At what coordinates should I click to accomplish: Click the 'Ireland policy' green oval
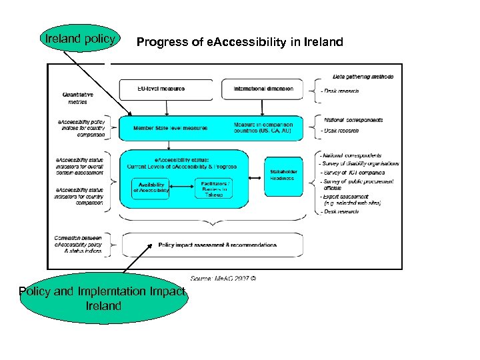pos(80,39)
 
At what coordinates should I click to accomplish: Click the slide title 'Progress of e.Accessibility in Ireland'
pos(239,43)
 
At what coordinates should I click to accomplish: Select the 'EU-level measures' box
pos(169,89)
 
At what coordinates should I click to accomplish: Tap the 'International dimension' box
pos(263,89)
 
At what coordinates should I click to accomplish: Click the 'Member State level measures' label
pos(170,128)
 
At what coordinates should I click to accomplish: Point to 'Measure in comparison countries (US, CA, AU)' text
pos(263,128)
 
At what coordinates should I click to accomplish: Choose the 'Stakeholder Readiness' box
pos(282,175)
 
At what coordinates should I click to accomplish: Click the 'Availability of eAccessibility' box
pos(151,189)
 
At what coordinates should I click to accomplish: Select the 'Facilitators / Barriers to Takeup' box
pos(214,187)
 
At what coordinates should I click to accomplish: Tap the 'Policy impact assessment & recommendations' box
pos(217,245)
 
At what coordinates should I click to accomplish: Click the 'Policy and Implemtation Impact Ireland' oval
pos(104,299)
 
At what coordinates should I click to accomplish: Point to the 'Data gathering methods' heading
pos(363,77)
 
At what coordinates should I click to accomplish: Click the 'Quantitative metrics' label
pos(77,98)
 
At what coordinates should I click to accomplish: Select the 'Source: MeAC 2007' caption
pos(223,278)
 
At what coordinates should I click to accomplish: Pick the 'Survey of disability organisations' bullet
pos(360,163)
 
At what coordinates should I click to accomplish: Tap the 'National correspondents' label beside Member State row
pos(353,120)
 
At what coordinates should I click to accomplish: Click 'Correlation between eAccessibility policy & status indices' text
pos(78,245)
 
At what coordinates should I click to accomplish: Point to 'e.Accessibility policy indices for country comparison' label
pos(80,128)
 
